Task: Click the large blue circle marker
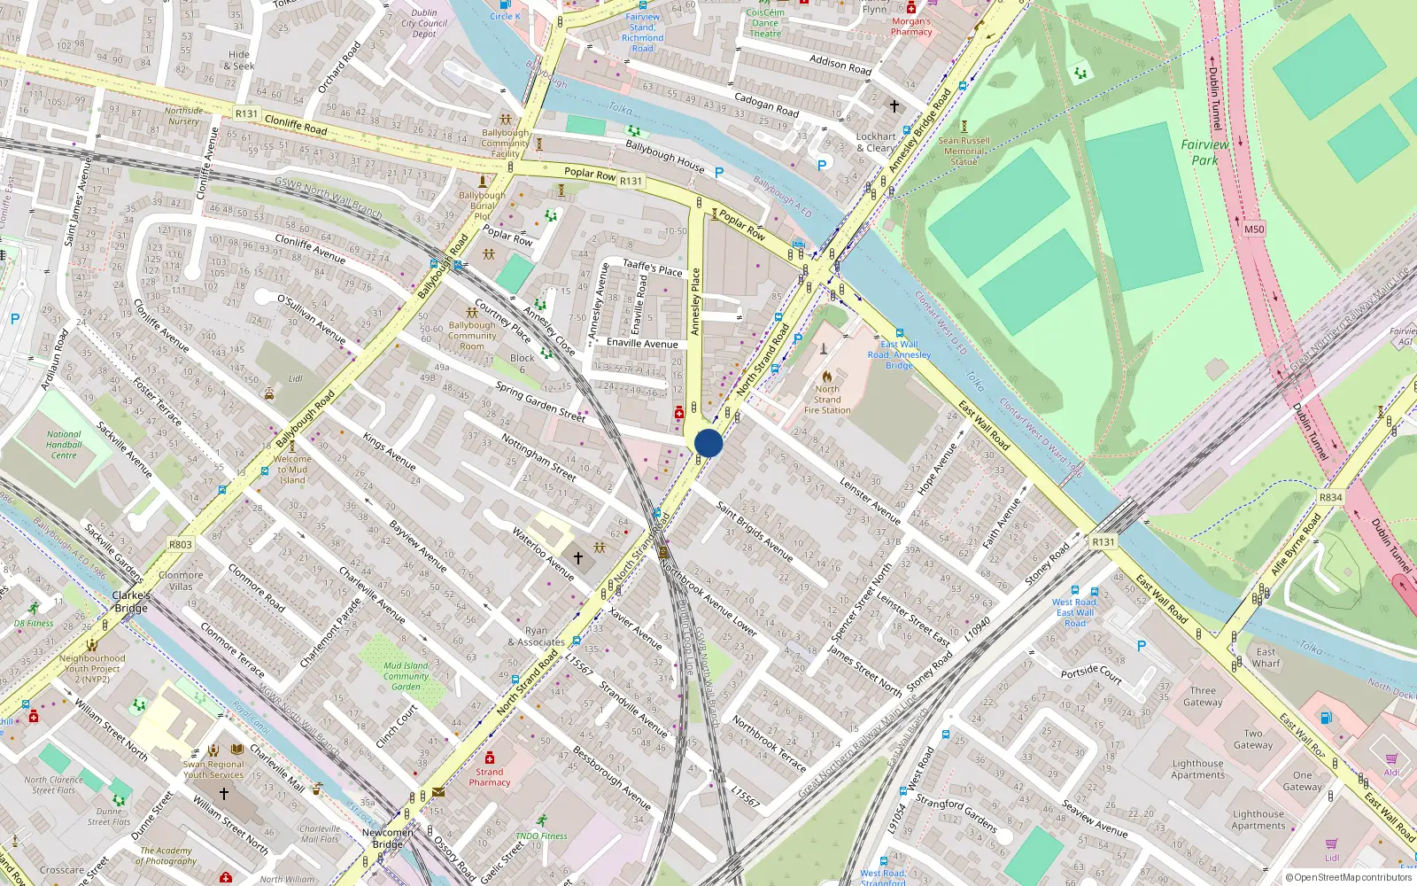pyautogui.click(x=708, y=443)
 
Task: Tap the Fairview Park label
pyautogui.click(x=1204, y=152)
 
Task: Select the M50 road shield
pyautogui.click(x=1254, y=229)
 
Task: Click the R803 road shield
pyautogui.click(x=180, y=544)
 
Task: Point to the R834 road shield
pyautogui.click(x=1330, y=498)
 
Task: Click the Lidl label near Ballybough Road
pyautogui.click(x=295, y=378)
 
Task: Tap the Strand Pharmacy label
pyautogui.click(x=490, y=777)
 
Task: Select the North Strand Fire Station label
pyautogui.click(x=827, y=400)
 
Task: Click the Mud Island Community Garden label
pyautogui.click(x=406, y=676)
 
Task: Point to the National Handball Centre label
pyautogui.click(x=64, y=445)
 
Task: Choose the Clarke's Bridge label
pyautogui.click(x=131, y=602)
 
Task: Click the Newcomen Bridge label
pyautogui.click(x=387, y=838)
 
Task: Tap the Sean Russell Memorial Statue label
pyautogui.click(x=964, y=151)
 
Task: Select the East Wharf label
pyautogui.click(x=1266, y=657)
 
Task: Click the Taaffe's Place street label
pyautogui.click(x=653, y=268)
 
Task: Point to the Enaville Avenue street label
pyautogui.click(x=642, y=343)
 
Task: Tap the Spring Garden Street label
pyautogui.click(x=540, y=401)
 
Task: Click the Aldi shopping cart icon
pyautogui.click(x=1391, y=759)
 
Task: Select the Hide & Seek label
pyautogui.click(x=239, y=60)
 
